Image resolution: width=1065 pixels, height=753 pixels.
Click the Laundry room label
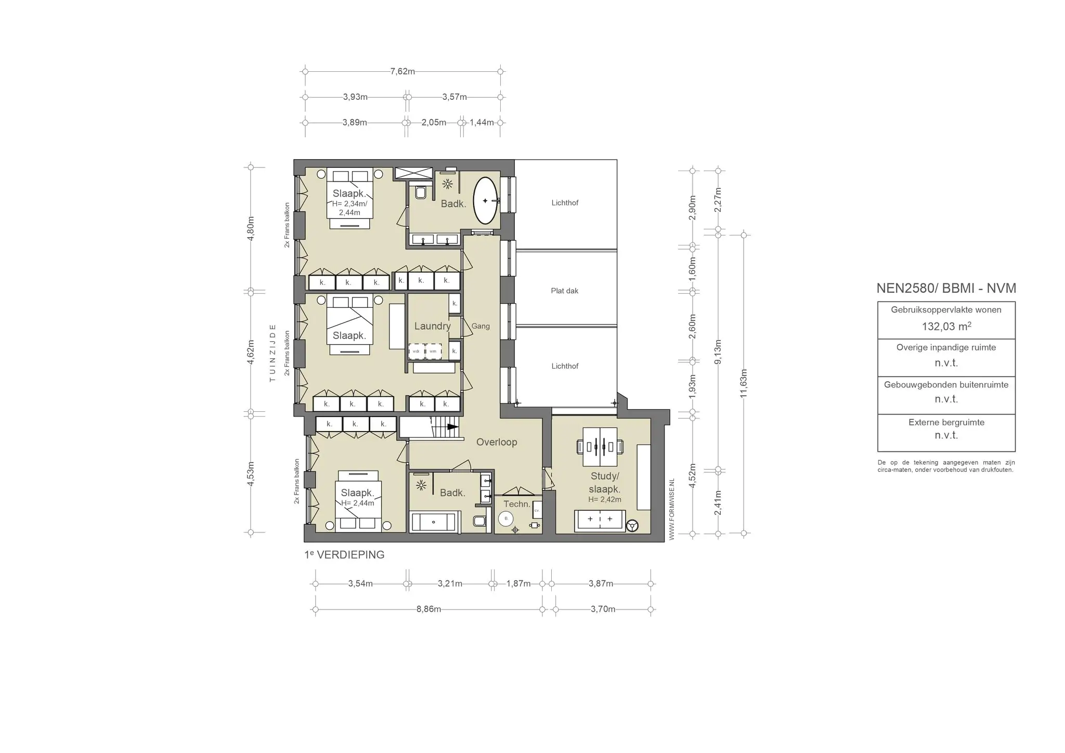tap(432, 326)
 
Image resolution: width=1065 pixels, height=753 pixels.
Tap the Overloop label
tap(497, 442)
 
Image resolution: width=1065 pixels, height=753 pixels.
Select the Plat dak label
tap(564, 291)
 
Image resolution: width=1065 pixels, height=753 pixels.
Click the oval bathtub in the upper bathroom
tap(486, 201)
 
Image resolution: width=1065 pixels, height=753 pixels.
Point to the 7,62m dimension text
tap(402, 72)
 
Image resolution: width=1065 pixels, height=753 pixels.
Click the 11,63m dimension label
tap(744, 383)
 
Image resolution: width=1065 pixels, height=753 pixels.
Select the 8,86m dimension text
tap(428, 609)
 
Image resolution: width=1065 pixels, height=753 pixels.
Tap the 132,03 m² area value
tap(946, 327)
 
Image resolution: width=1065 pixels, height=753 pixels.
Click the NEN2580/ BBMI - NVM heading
tap(946, 288)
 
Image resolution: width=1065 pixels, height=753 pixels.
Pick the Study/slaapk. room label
tap(604, 483)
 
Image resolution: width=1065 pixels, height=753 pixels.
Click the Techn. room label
tap(517, 504)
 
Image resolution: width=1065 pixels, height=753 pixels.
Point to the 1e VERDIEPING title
tap(344, 555)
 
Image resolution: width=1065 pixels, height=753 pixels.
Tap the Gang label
tap(480, 326)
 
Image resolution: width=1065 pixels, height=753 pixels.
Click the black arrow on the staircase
tap(452, 427)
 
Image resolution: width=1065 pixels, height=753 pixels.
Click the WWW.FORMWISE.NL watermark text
tap(671, 510)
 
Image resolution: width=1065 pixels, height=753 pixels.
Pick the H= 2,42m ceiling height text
tap(605, 500)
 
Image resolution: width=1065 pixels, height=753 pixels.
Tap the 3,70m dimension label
tap(603, 609)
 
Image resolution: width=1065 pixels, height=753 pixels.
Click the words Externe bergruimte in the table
tap(946, 422)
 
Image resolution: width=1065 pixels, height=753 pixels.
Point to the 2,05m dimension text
tap(434, 123)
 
